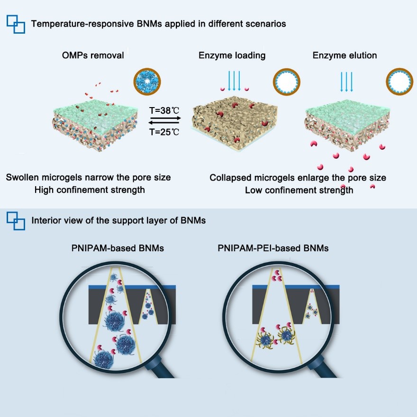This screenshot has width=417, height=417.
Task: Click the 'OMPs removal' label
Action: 93,55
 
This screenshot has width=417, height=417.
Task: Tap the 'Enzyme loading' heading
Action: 232,55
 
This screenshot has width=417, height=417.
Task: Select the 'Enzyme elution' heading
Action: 344,55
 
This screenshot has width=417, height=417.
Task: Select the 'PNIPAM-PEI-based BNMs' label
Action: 273,248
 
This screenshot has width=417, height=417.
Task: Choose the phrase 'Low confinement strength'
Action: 299,190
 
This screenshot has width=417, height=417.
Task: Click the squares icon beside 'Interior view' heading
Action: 16,221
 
